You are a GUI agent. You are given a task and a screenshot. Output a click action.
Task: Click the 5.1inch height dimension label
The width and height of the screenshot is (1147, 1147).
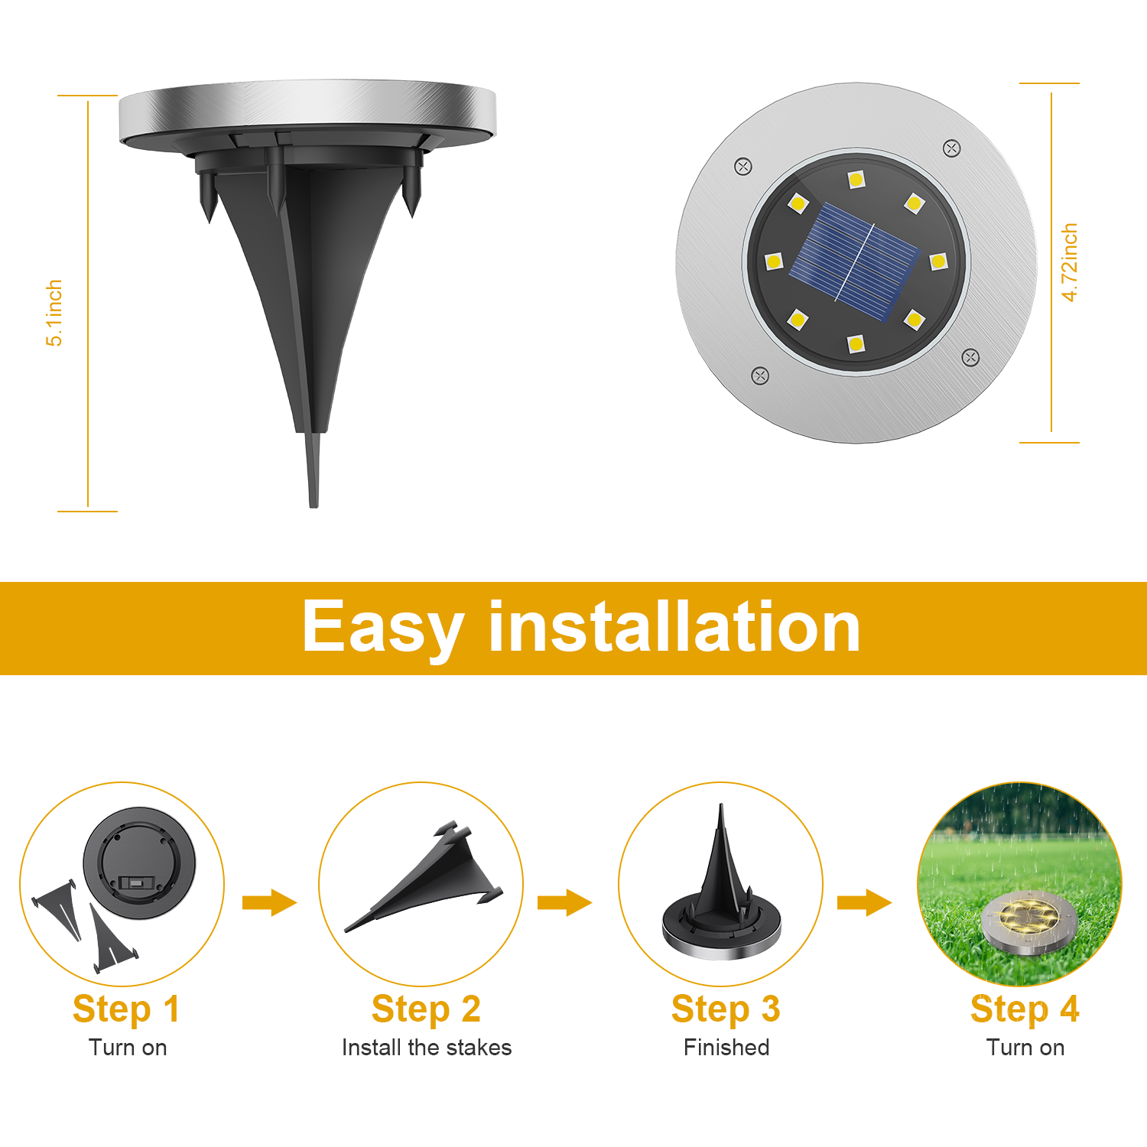(54, 313)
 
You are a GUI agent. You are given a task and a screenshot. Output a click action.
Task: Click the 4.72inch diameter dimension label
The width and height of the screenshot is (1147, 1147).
(1069, 262)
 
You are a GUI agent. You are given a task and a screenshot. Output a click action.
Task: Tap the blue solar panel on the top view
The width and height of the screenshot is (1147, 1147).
(855, 262)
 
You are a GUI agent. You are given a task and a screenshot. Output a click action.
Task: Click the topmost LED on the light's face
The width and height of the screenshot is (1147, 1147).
(856, 180)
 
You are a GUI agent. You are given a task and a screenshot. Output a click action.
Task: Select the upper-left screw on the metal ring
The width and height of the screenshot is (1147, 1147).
(742, 167)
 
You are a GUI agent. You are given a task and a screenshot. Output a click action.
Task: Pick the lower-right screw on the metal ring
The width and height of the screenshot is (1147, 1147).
(970, 357)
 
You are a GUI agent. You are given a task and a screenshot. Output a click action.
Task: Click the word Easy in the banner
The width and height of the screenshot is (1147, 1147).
(383, 629)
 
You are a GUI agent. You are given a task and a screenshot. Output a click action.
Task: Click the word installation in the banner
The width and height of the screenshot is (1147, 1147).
(674, 627)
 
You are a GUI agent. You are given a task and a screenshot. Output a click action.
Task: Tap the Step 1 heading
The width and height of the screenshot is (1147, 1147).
(126, 1009)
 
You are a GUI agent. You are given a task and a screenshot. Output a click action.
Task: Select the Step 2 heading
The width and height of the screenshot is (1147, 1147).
(426, 1009)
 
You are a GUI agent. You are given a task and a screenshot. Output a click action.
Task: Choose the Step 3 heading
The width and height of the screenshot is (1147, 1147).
(726, 1009)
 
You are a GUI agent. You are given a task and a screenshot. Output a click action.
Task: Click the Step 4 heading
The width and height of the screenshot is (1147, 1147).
(1025, 1009)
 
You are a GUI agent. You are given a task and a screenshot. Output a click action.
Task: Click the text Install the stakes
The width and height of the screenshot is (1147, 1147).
(427, 1048)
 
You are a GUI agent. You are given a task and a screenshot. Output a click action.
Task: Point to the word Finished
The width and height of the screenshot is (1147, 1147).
(726, 1048)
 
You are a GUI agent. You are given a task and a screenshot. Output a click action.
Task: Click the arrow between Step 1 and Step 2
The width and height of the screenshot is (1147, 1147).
(269, 902)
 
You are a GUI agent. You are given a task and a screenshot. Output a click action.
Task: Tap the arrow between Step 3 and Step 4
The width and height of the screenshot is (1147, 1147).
(864, 902)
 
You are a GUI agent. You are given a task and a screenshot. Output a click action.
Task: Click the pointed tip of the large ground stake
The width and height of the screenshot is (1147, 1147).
(314, 506)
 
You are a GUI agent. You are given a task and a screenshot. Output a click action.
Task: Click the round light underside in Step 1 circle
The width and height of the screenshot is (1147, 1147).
(139, 863)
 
